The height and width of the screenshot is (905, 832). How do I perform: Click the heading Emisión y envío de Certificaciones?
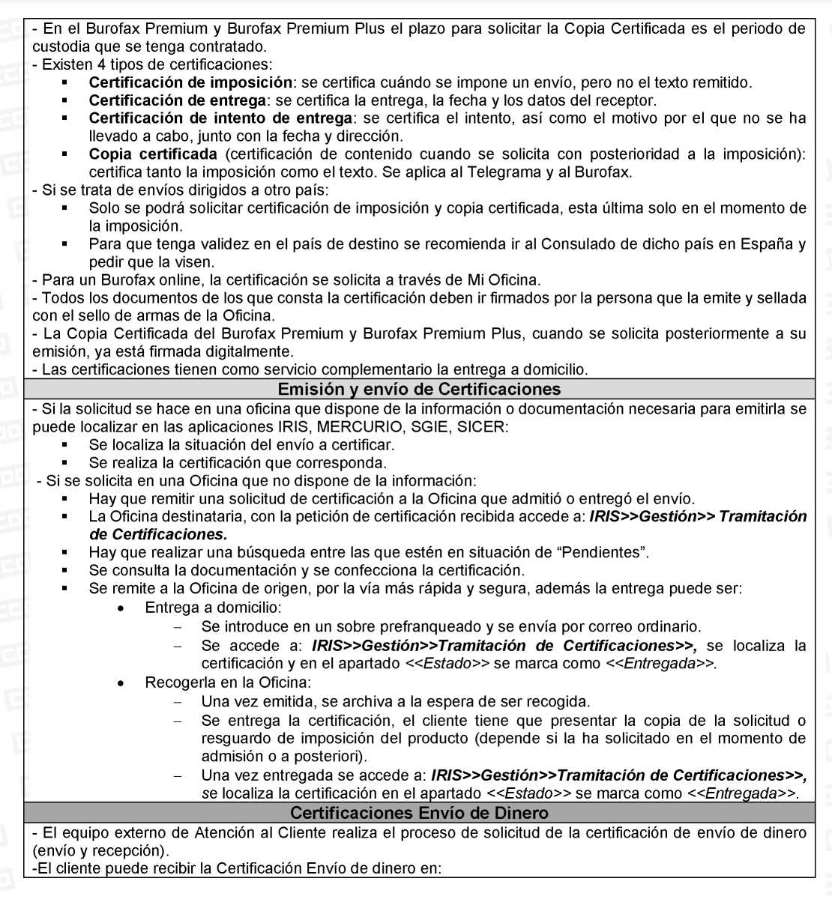click(419, 389)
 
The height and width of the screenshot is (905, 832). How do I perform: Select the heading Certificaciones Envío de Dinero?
click(419, 813)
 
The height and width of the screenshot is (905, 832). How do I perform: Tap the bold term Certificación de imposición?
click(190, 82)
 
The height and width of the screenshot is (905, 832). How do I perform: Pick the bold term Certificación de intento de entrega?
click(220, 118)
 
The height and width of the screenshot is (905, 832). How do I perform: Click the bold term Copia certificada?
click(153, 154)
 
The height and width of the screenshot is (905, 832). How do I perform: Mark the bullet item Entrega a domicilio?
click(213, 608)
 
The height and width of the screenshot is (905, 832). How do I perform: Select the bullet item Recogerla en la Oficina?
click(228, 682)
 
